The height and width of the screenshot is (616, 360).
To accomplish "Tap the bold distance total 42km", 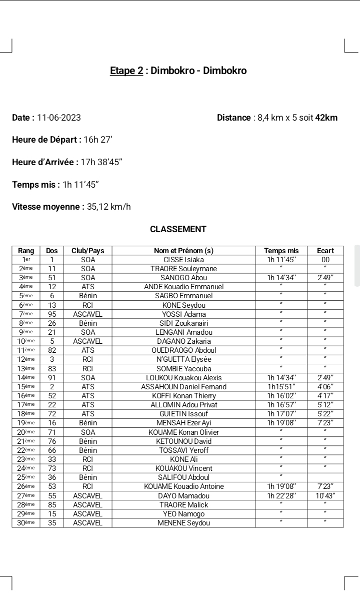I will point(326,118).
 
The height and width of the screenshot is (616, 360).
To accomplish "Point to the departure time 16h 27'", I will point(98,140).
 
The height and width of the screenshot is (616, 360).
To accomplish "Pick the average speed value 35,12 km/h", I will point(109,207).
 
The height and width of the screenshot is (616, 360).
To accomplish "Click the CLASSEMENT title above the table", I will point(178,229).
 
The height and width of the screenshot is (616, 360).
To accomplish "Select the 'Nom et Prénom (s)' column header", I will point(183,251).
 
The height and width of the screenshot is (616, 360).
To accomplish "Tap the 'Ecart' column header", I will point(325,251).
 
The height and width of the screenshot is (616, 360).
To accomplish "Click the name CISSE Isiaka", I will point(183,260).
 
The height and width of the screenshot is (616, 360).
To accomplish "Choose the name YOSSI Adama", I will point(183,314).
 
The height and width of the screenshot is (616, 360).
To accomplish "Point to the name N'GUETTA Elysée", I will point(183,359).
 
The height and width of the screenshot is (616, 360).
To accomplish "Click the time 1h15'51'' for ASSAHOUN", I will point(281,387).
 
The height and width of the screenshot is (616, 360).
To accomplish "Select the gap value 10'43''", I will point(325,495).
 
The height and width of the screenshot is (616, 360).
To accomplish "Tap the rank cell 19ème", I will point(25,423).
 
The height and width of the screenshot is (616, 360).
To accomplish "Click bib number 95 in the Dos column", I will point(52,314).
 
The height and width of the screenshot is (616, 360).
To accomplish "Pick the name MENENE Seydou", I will point(183,523).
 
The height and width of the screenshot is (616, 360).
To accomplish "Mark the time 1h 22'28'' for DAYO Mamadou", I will point(281,495).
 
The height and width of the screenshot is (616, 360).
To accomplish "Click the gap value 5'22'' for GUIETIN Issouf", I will point(325,414).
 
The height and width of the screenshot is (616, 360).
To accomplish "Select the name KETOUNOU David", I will point(183,441).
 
